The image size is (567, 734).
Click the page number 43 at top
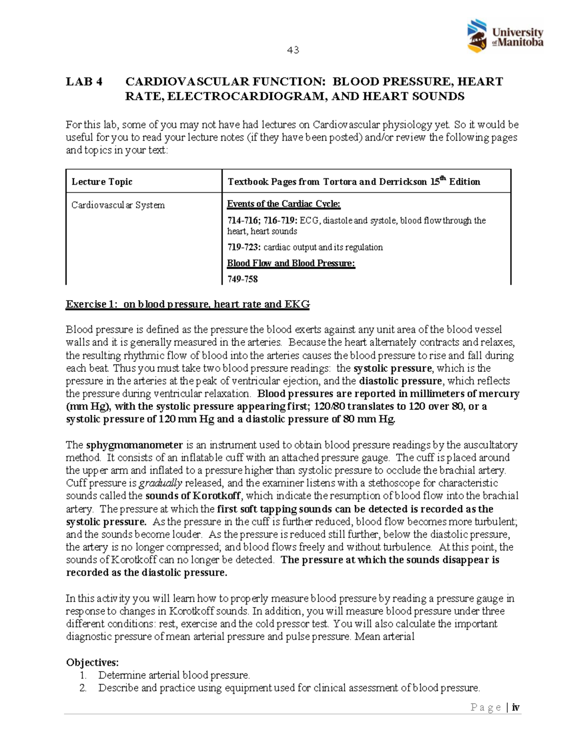tap(293, 50)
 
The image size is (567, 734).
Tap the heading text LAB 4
tap(84, 82)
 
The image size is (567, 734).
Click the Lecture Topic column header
tap(102, 182)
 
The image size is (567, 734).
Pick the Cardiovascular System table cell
tap(118, 205)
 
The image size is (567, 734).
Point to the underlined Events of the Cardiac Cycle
tap(283, 204)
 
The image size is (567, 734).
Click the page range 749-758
tap(242, 279)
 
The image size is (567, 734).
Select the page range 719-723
tap(243, 247)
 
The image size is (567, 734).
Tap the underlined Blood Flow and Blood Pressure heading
tap(291, 263)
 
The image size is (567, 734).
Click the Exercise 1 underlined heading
tap(187, 304)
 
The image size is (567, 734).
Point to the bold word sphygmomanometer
tap(134, 445)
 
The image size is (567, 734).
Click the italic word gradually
tap(160, 483)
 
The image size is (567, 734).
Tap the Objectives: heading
tap(92, 662)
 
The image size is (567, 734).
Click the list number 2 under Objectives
tap(83, 688)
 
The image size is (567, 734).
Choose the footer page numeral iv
tap(515, 708)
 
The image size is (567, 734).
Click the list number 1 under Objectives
tap(83, 675)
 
